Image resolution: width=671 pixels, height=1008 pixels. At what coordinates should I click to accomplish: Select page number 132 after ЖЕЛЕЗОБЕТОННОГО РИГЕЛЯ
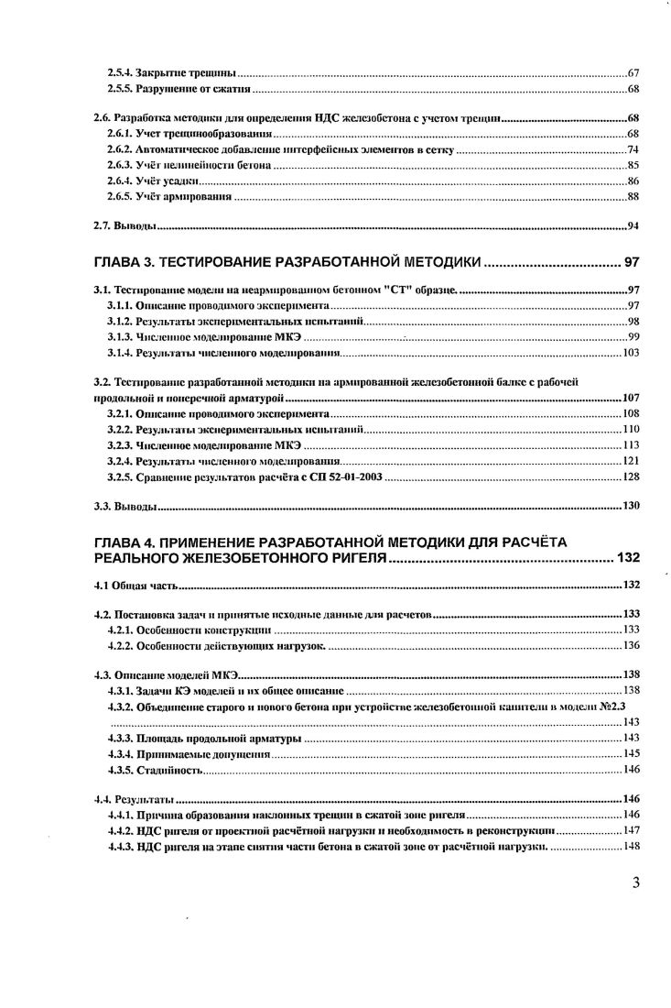point(628,557)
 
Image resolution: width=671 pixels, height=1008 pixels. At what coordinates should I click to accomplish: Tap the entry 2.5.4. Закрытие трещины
point(172,71)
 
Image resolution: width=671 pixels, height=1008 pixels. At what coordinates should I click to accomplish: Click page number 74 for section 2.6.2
point(632,149)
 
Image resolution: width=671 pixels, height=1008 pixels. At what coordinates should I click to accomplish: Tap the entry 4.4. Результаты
point(134,798)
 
